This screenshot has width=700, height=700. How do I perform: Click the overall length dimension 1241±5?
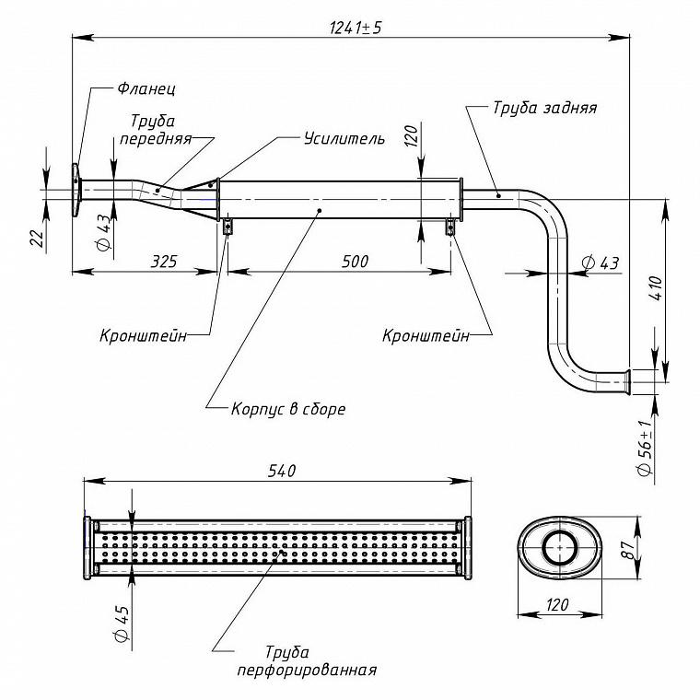click(356, 29)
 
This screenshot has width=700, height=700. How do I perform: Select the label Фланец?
click(146, 88)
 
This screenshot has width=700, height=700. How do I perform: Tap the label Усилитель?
click(344, 138)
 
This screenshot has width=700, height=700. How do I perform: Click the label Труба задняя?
click(544, 108)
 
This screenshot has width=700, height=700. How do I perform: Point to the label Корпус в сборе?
click(288, 409)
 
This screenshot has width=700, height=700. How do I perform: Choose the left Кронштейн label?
click(144, 335)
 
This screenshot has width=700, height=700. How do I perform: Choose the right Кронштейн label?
click(426, 335)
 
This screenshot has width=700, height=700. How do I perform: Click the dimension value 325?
click(164, 262)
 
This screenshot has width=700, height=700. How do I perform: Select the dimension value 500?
click(356, 262)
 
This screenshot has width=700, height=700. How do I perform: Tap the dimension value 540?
click(282, 471)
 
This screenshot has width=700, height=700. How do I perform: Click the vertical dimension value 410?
click(656, 288)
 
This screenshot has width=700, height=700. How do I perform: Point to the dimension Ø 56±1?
click(647, 448)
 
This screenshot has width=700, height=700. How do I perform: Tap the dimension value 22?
click(39, 238)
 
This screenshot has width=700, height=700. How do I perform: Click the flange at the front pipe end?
click(76, 191)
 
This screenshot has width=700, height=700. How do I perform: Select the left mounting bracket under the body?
click(227, 227)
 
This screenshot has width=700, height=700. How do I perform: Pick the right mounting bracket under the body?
click(450, 227)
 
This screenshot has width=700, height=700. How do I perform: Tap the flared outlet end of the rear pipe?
click(627, 382)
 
